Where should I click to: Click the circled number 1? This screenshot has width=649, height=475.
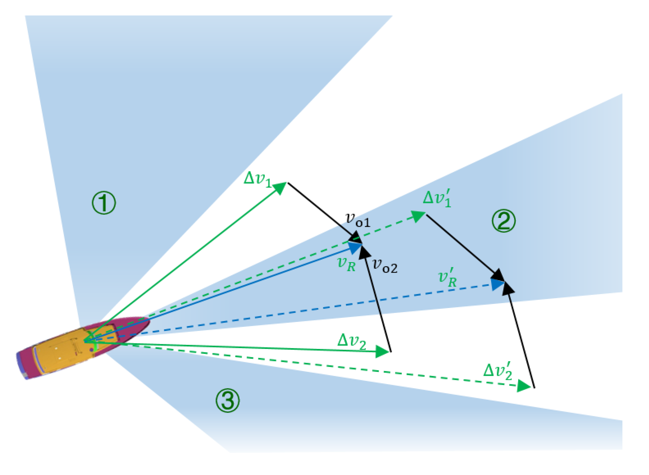104,203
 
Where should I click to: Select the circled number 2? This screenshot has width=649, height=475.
503,221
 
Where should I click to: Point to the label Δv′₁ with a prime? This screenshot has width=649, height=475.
437,198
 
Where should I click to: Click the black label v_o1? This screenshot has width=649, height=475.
358,220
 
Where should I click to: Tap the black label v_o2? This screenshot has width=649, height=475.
385,265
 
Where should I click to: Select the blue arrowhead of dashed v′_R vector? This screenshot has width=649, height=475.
497,285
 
